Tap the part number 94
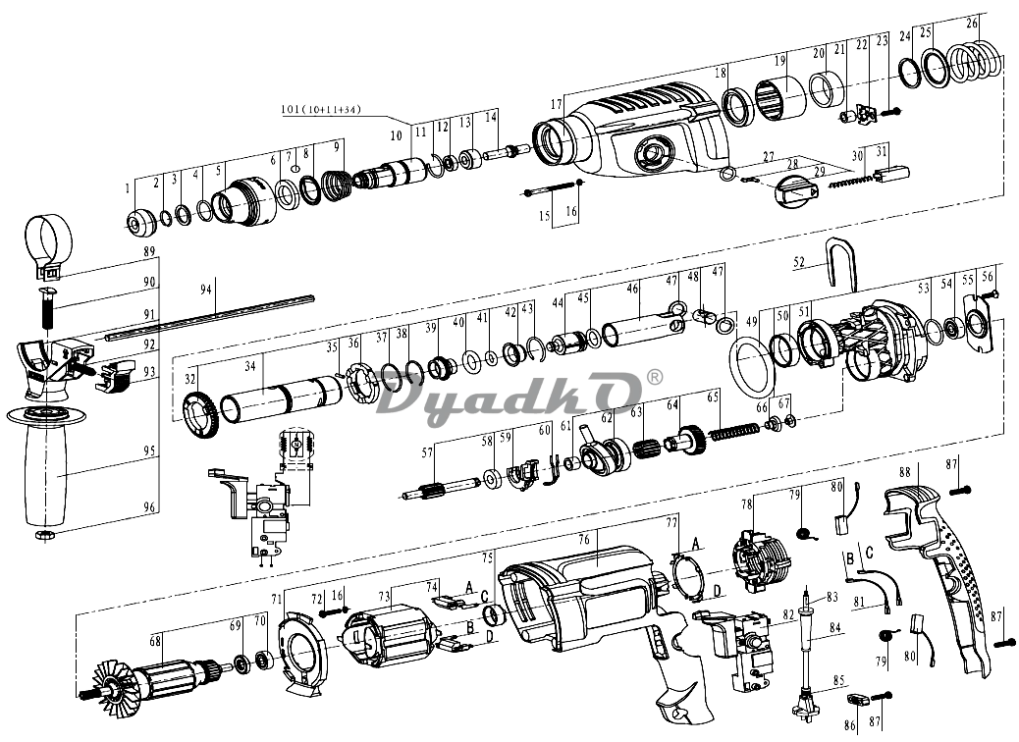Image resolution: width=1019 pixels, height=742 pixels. click(206, 290)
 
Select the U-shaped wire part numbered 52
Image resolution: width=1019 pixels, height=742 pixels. click(839, 261)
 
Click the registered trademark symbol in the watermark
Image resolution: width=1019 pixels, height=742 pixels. click(655, 378)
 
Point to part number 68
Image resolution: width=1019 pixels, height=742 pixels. click(154, 642)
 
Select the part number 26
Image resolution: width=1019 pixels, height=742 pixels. click(972, 22)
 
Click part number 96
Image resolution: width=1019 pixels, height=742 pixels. click(149, 507)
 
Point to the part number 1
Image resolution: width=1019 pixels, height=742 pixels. click(128, 185)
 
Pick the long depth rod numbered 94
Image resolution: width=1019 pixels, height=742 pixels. click(211, 317)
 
